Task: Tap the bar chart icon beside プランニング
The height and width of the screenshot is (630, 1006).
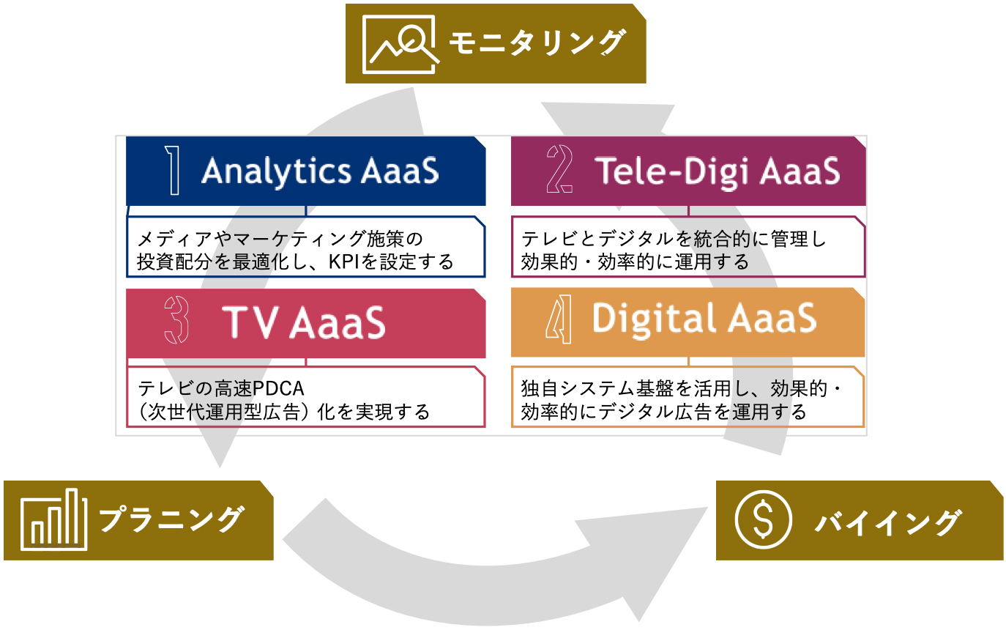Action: (x=54, y=521)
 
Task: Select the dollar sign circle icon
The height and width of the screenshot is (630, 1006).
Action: (x=763, y=519)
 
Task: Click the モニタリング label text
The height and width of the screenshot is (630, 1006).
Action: (x=537, y=44)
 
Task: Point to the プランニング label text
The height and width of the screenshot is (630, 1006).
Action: (x=169, y=520)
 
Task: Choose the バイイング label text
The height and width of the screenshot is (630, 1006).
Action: (x=886, y=522)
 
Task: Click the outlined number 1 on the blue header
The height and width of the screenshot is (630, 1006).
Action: (x=173, y=171)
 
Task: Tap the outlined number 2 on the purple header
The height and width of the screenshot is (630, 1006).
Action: (x=559, y=171)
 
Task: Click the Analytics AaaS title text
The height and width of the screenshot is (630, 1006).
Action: (x=320, y=171)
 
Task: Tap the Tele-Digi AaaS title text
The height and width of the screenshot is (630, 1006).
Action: (x=717, y=171)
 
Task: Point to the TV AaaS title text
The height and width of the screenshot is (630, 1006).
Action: (x=303, y=322)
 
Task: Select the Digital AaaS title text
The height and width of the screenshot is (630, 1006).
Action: (x=704, y=319)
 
